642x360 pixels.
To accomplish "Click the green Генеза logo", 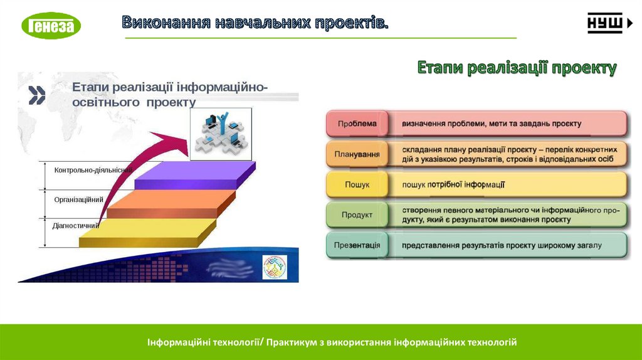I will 51,25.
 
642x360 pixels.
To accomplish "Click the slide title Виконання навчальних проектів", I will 255,23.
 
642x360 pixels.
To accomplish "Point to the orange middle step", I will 169,204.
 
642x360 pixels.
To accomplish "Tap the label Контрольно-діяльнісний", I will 92,170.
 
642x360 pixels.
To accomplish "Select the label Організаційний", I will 78,199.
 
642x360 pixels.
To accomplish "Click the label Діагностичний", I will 76,225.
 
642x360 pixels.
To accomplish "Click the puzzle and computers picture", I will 220,133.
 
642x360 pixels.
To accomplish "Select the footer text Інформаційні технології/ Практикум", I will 332,342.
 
